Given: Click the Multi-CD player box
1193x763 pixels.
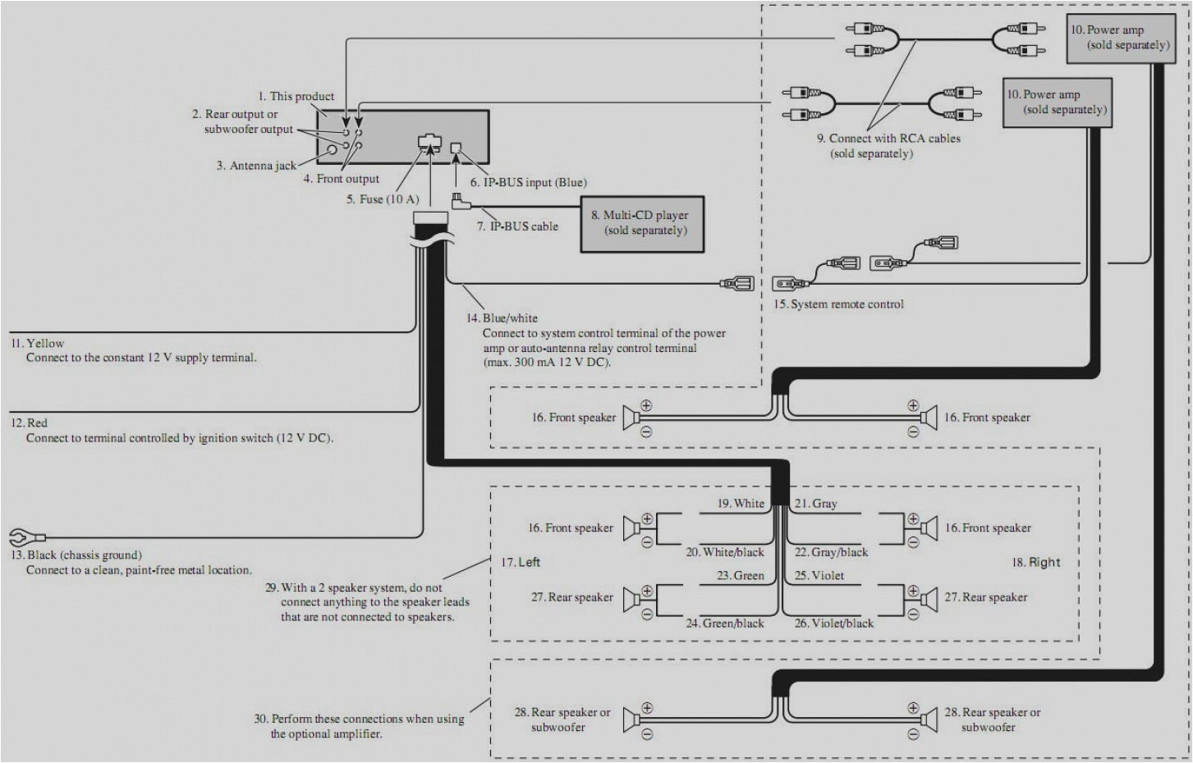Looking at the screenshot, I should tap(642, 223).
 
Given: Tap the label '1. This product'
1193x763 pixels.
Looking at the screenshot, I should tap(296, 96).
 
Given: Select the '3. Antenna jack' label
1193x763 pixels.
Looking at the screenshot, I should tap(256, 166).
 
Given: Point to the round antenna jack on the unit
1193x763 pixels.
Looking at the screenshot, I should tap(333, 150).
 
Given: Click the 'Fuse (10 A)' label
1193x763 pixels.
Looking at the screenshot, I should tap(383, 199).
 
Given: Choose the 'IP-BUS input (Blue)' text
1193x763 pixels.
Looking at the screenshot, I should tap(528, 182).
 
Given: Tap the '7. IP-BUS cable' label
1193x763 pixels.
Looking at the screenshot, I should tap(517, 226).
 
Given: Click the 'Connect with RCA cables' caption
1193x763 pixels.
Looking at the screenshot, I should tap(888, 139).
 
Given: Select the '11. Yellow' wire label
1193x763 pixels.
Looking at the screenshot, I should tap(37, 343).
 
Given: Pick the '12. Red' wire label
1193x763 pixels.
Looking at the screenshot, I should tap(29, 423).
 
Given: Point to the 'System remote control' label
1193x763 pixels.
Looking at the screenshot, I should tap(838, 304).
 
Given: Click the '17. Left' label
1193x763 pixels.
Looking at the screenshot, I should tap(521, 562).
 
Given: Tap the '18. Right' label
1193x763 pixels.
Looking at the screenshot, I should tap(1035, 562).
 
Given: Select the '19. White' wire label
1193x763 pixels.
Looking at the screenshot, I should tap(741, 504).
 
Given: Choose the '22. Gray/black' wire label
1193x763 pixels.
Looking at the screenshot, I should tap(831, 552).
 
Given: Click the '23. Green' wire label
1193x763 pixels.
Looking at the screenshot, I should tap(740, 576).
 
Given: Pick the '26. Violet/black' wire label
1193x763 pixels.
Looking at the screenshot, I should tap(833, 624).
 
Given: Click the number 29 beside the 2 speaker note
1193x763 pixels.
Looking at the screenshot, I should tap(271, 588).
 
